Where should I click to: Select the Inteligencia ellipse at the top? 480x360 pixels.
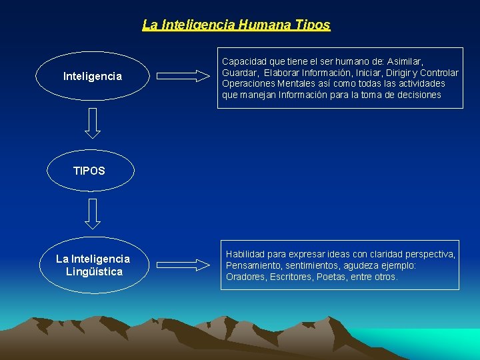point(93,77)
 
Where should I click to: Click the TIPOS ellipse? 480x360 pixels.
point(90,171)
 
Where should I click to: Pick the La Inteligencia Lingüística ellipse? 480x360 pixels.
point(93,265)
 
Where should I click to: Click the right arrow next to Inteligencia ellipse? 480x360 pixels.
point(183,76)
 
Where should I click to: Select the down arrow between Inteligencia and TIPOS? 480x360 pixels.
point(94,123)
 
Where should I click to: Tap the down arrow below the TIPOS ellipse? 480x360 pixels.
point(94,213)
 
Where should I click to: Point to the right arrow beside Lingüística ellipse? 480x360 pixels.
point(183,264)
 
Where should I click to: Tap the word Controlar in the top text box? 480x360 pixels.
point(439,73)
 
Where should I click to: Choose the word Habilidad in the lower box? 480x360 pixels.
point(245,254)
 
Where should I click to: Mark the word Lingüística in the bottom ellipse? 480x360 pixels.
point(94,271)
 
